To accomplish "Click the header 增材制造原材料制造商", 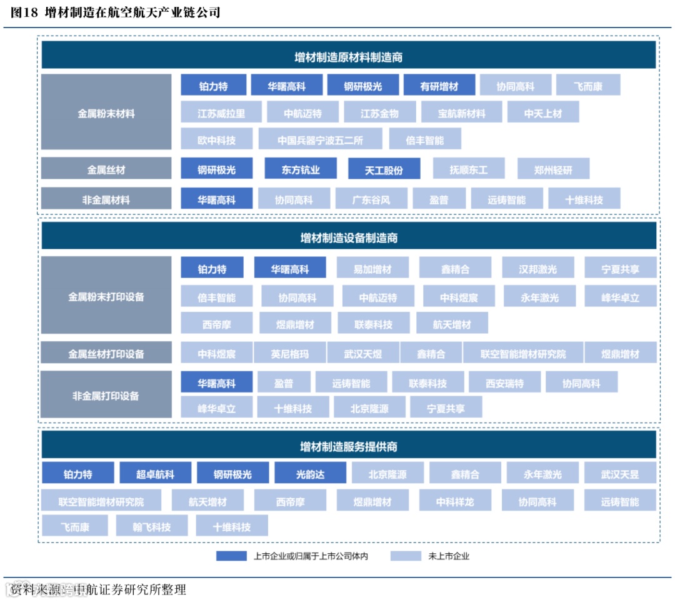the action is [348, 58].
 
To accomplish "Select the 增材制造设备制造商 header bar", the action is [348, 238].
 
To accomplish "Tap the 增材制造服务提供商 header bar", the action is [348, 446].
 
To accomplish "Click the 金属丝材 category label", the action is [106, 169].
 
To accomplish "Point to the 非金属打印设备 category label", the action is [106, 395].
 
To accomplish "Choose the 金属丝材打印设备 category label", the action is [106, 354].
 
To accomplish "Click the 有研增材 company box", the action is [439, 86].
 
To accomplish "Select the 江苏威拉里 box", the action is [221, 113].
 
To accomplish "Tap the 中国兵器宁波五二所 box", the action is [320, 140].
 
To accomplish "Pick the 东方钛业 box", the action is [301, 169].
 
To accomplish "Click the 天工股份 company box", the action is [384, 169].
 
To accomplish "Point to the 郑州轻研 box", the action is [553, 169].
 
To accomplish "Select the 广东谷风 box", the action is [371, 199].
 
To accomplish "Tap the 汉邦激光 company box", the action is [537, 269].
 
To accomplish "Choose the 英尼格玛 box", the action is [289, 354].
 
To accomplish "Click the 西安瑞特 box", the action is [504, 383].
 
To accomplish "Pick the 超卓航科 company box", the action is [155, 474].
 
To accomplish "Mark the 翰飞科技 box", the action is [152, 526].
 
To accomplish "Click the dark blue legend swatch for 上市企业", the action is [231, 556].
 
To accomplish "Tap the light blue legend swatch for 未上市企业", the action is [406, 556].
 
